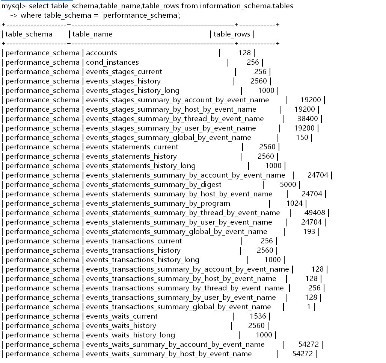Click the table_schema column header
coord(29,34)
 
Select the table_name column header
coord(92,34)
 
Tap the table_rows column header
coord(232,34)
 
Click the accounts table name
coord(101,53)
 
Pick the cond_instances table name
coord(112,62)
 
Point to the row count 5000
coord(288,185)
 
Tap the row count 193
coord(309,232)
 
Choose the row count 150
coord(302,138)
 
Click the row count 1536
coord(258,316)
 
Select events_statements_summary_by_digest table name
coord(154,185)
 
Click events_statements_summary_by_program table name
coord(158,204)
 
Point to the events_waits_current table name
coord(122,316)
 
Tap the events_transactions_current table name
coord(134,241)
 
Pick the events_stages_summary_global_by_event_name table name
coord(169,138)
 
